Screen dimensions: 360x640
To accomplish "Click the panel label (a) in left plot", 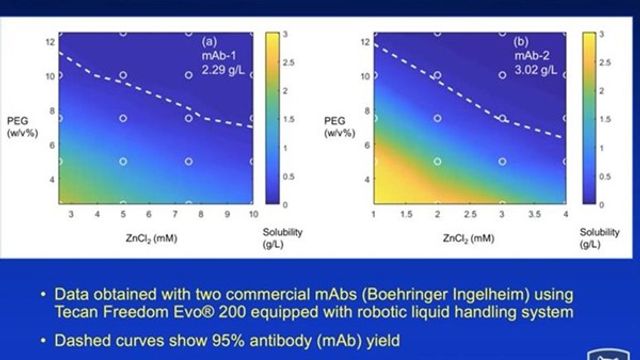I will (x=211, y=42).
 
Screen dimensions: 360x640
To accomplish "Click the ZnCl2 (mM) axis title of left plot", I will (x=153, y=240).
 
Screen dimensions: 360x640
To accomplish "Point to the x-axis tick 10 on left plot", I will (x=253, y=215).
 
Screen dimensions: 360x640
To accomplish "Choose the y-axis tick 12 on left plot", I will (x=48, y=42).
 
